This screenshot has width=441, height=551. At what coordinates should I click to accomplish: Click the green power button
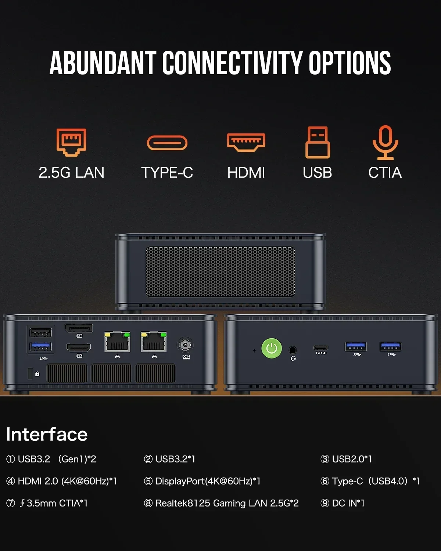(x=272, y=348)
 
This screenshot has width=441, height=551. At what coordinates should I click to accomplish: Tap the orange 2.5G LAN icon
(x=71, y=142)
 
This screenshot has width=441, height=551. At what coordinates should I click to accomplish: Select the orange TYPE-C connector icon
(x=167, y=143)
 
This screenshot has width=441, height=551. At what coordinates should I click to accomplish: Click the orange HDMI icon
(x=246, y=142)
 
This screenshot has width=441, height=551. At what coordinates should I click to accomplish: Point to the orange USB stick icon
(x=318, y=142)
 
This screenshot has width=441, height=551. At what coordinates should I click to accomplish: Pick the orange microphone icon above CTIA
(x=385, y=142)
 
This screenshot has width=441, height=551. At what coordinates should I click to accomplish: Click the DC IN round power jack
(x=185, y=345)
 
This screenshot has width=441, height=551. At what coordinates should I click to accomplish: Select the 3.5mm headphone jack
(x=293, y=350)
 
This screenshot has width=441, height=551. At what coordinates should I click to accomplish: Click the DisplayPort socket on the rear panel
(x=79, y=328)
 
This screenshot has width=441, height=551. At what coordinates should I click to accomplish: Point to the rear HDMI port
(x=79, y=347)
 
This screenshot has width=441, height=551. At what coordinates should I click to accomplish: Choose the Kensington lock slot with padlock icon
(x=31, y=374)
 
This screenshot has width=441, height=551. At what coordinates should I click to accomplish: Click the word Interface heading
(x=47, y=435)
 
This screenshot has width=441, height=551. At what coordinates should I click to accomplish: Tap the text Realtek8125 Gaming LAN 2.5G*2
(x=227, y=503)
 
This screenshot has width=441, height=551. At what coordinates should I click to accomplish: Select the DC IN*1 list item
(x=348, y=503)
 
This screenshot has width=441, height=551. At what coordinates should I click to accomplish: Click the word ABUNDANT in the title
(x=103, y=63)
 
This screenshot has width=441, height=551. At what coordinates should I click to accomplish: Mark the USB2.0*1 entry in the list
(x=351, y=459)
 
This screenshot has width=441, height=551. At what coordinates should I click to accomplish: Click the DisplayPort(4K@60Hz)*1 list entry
(x=208, y=481)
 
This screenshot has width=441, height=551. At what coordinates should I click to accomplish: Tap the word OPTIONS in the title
(x=349, y=63)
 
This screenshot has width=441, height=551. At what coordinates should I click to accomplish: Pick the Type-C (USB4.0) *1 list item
(x=375, y=481)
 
